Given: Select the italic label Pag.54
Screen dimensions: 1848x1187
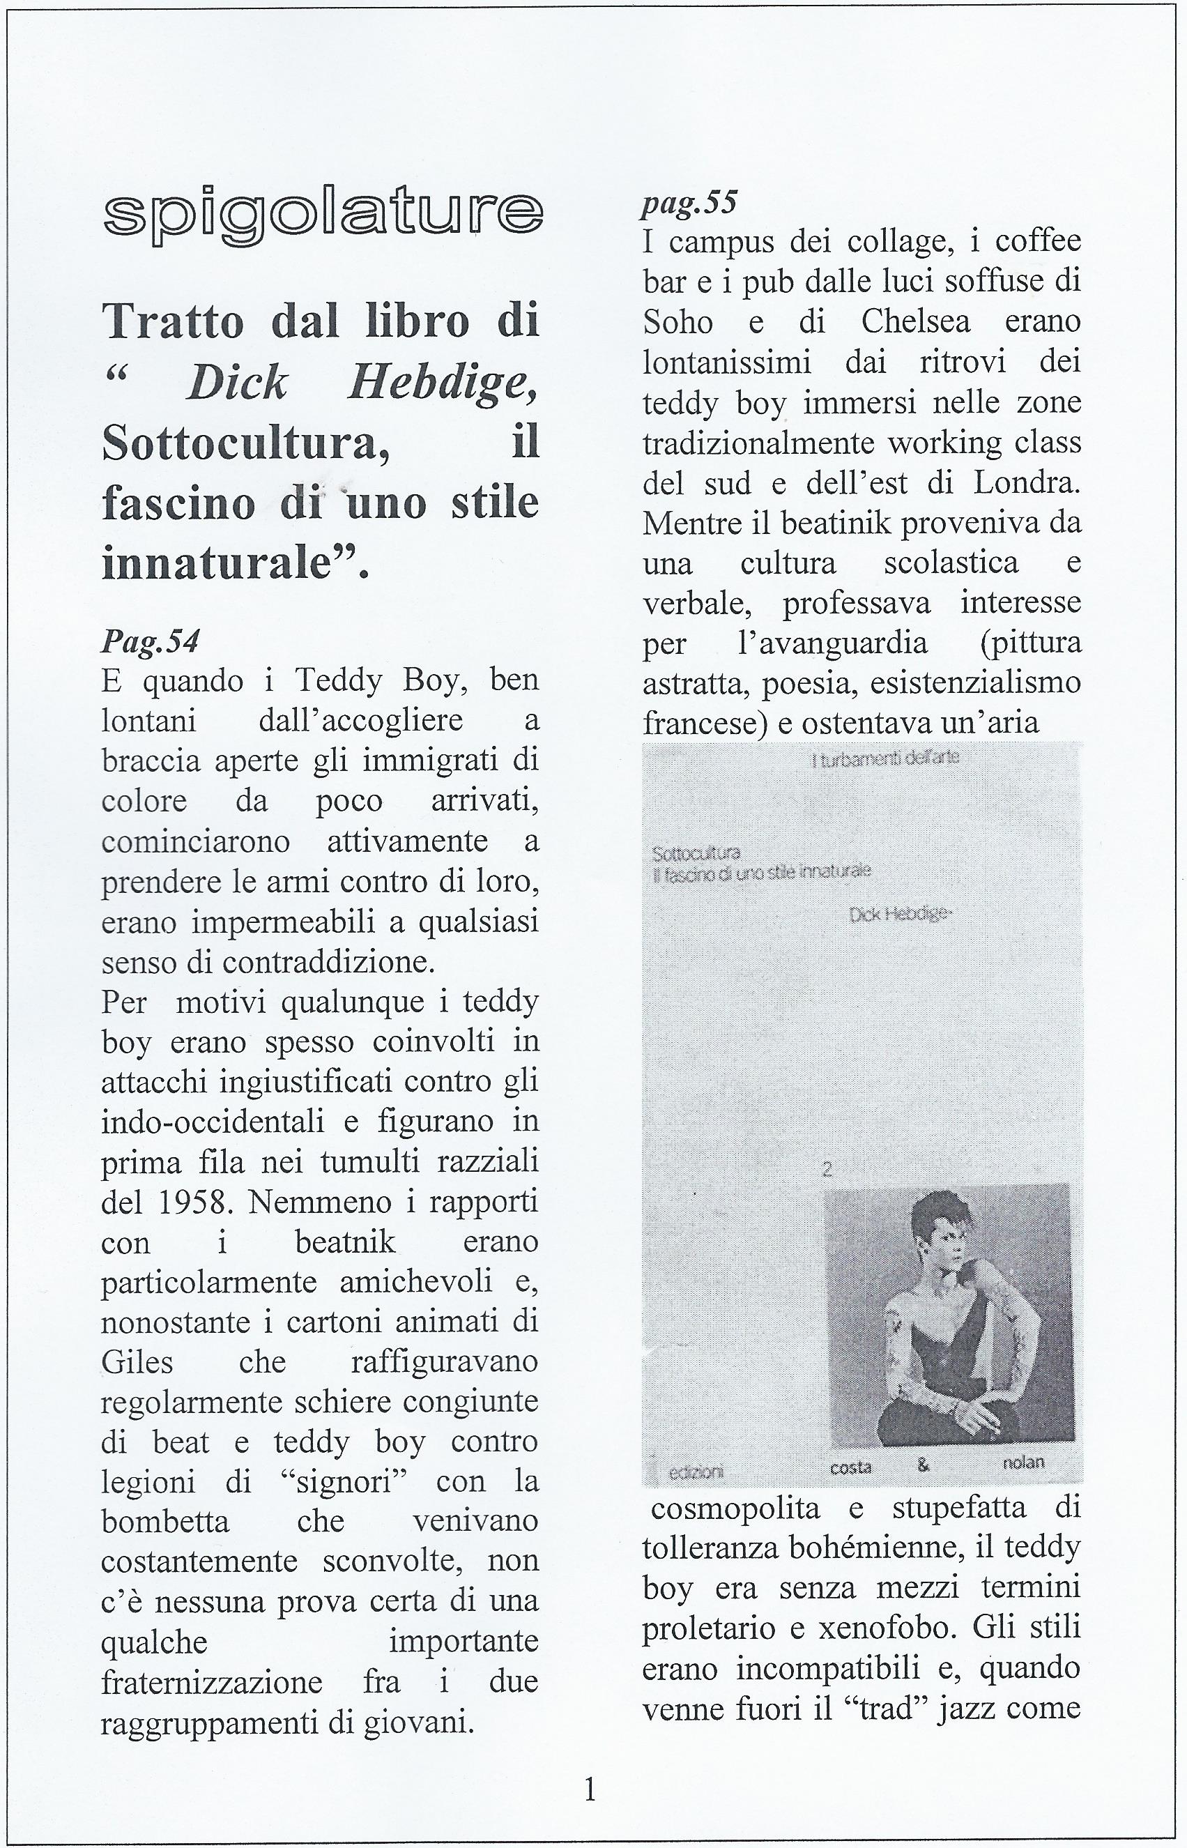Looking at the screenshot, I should pos(151,641).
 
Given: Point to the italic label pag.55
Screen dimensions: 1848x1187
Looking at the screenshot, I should pos(689,202).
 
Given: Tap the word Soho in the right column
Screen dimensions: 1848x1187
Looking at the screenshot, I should pos(678,322).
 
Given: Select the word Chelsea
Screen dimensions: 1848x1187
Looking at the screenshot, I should pos(916,322).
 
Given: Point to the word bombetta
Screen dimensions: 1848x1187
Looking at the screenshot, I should pos(165,1522).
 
